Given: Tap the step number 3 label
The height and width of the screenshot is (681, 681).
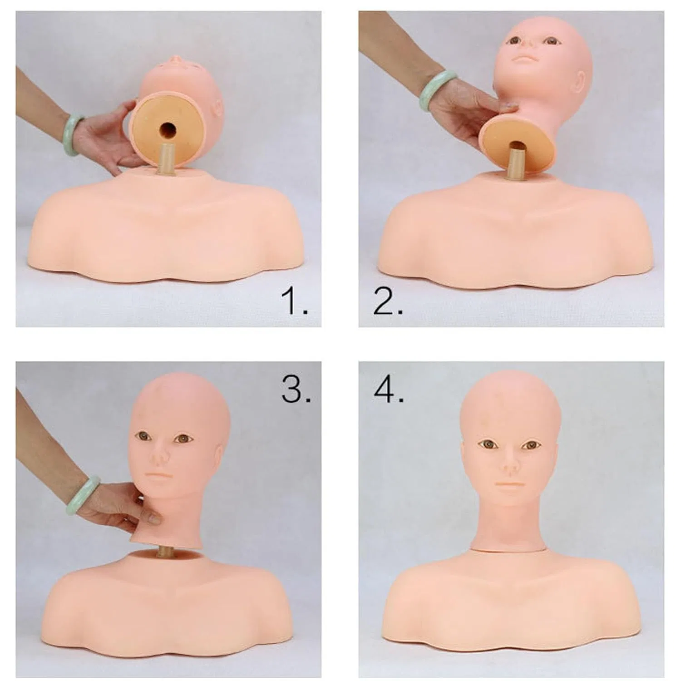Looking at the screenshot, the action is (x=296, y=390).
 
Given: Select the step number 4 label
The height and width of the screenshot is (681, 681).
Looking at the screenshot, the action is (x=389, y=390).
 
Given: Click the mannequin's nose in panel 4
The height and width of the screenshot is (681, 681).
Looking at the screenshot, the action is (x=510, y=464).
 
